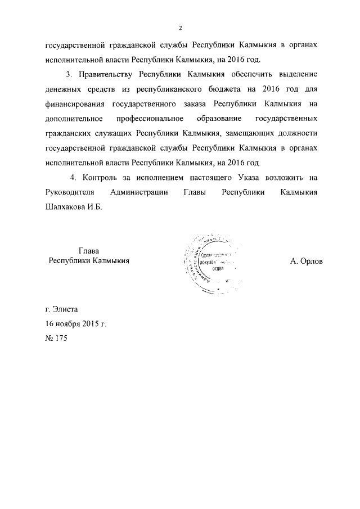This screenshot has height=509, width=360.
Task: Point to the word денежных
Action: tap(63, 89)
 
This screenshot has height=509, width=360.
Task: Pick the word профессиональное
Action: tap(151, 119)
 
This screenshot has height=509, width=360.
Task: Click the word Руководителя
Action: tap(69, 192)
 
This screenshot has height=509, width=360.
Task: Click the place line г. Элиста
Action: tap(62, 309)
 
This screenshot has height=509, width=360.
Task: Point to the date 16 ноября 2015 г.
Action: tap(76, 324)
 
